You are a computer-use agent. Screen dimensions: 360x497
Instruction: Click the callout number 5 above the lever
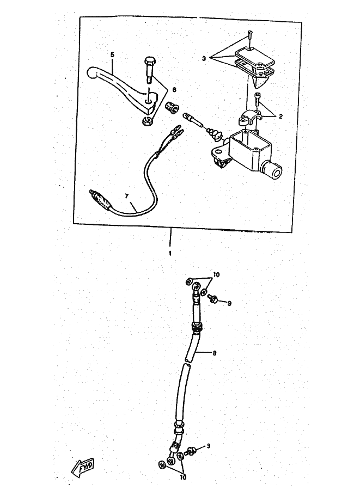(112, 55)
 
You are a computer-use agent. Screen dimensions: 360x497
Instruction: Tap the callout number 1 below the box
(170, 254)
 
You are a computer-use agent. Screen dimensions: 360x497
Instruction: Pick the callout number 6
(174, 89)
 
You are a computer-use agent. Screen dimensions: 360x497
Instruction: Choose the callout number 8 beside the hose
(215, 353)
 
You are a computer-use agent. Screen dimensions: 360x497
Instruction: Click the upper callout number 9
(229, 303)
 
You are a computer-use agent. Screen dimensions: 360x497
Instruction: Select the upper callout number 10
(216, 275)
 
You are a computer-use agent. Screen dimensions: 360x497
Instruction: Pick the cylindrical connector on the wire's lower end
(99, 198)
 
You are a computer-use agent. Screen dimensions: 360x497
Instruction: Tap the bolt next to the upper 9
(213, 298)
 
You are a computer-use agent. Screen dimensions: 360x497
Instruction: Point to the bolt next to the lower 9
(191, 451)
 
